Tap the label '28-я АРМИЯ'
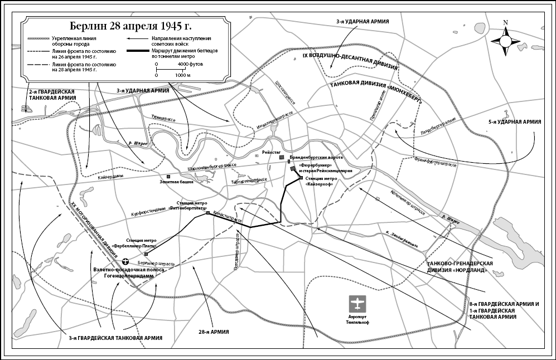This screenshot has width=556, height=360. click(214, 332)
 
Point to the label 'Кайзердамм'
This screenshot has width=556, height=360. click(111, 176)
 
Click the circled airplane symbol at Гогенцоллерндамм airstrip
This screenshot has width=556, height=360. click(125, 261)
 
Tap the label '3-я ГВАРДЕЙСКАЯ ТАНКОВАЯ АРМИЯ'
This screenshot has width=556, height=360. click(116, 338)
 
